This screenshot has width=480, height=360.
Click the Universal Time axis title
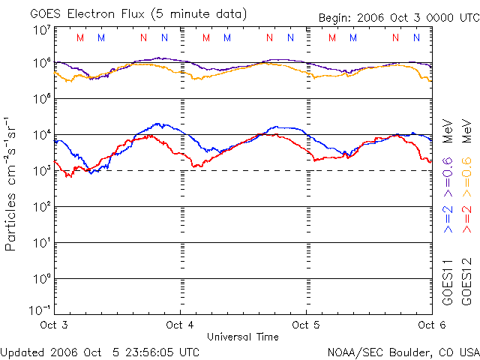point(243,337)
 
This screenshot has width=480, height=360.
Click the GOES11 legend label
point(448,281)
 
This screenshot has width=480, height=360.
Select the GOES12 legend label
point(466,281)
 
